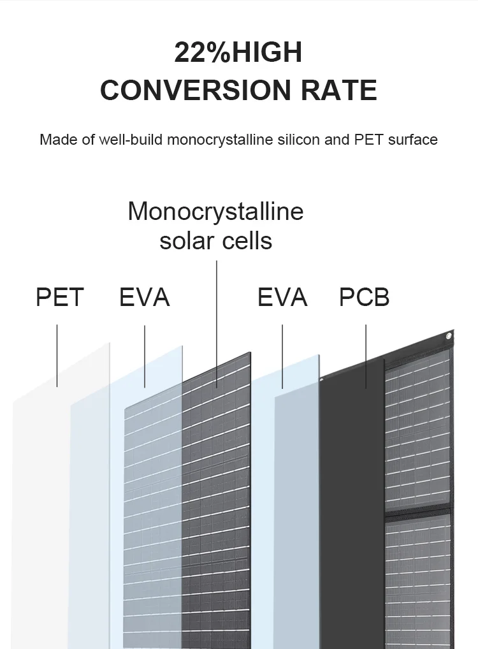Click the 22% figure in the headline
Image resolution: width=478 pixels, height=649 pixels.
203,53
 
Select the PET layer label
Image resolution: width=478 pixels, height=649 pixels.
60,298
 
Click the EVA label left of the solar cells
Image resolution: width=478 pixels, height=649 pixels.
145,298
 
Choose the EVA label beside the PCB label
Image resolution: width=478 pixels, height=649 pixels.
282,298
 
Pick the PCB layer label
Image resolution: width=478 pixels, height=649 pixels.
364,298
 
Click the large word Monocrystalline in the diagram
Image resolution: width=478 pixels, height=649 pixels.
215,212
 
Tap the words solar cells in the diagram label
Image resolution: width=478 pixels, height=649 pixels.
215,241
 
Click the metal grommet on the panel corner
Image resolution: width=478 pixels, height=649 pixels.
449,337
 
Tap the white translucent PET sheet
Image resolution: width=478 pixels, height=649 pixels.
45,510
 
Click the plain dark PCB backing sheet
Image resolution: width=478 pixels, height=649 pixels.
351,510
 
